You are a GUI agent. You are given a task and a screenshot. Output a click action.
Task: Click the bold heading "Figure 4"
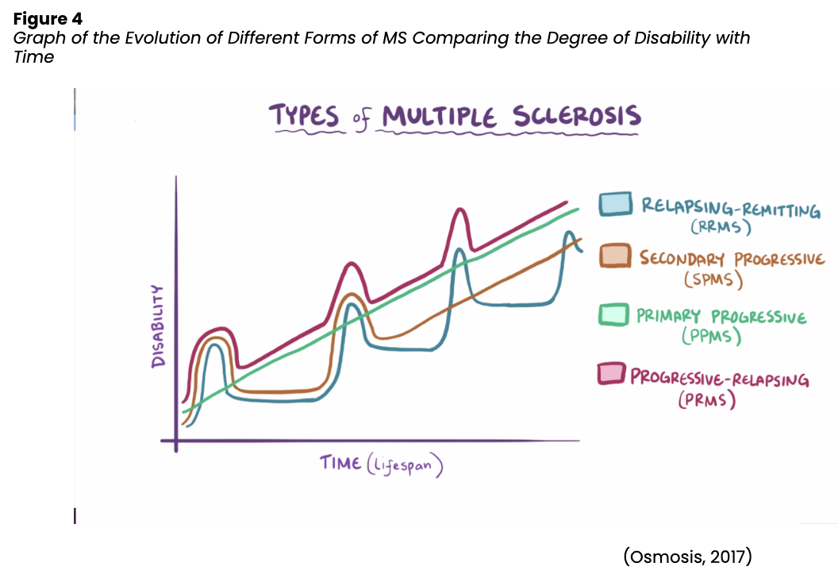pos(48,17)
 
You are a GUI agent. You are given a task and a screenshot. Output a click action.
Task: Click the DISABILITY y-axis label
pos(159,326)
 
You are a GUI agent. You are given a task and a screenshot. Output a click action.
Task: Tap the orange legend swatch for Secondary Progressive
pos(614,256)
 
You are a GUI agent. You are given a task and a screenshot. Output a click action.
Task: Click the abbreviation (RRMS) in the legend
pos(720,227)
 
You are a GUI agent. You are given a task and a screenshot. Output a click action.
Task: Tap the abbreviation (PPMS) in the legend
pos(711,337)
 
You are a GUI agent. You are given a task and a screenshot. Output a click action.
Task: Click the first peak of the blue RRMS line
pos(213,346)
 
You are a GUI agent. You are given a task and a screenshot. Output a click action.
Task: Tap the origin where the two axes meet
pos(176,441)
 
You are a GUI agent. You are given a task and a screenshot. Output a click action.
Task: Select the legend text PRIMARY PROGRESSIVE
pos(721,316)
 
